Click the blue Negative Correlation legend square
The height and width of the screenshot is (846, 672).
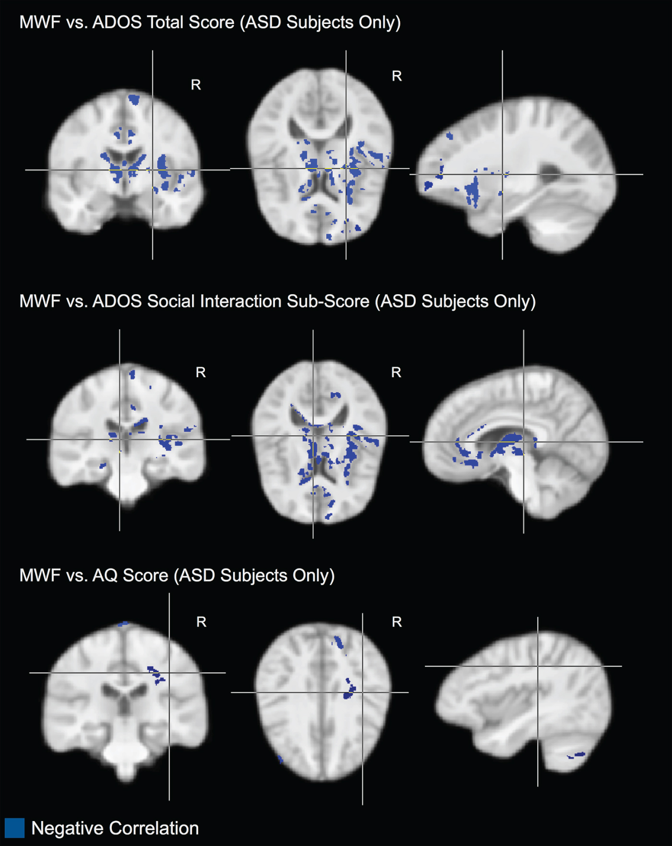coord(14,828)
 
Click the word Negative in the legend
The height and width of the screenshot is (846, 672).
coord(67,828)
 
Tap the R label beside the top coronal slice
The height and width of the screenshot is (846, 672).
coord(196,85)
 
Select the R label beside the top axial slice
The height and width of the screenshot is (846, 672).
coord(396,76)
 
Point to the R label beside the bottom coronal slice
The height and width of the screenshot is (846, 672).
coord(202,622)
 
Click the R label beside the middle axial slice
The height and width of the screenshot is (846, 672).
coord(396,372)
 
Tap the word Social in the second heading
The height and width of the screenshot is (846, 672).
coord(170,301)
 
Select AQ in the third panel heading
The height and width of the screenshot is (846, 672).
coord(105,575)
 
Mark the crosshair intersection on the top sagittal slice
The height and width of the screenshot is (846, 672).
coord(503,174)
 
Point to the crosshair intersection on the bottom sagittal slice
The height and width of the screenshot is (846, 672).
coord(538,666)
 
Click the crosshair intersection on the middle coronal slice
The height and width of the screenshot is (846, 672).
coord(120,439)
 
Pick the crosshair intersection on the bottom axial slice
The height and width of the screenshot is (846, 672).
coord(362,692)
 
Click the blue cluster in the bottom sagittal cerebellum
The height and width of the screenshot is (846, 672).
coord(576,755)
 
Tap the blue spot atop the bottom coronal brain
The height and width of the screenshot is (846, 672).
coord(123,624)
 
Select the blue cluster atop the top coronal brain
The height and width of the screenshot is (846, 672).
coord(134,100)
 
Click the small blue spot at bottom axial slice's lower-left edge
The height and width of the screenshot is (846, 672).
coord(280,759)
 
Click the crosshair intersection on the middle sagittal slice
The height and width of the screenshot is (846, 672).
coord(524,442)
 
